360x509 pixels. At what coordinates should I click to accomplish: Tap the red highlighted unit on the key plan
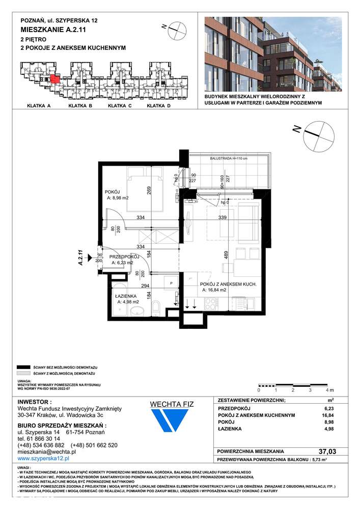pos(55,79)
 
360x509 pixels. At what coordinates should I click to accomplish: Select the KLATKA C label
pos(120,106)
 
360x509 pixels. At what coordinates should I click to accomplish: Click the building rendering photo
pos(272,54)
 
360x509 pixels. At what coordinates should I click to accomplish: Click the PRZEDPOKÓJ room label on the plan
pos(124,257)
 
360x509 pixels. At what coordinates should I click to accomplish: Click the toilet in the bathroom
pos(157,307)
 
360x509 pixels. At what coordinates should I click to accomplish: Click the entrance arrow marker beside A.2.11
pos(90,258)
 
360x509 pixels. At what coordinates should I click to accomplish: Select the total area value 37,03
pos(325,451)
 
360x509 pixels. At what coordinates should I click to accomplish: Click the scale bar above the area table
pos(293,385)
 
